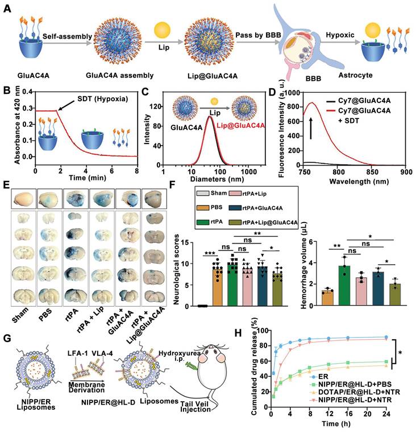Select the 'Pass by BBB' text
click(255, 36)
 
